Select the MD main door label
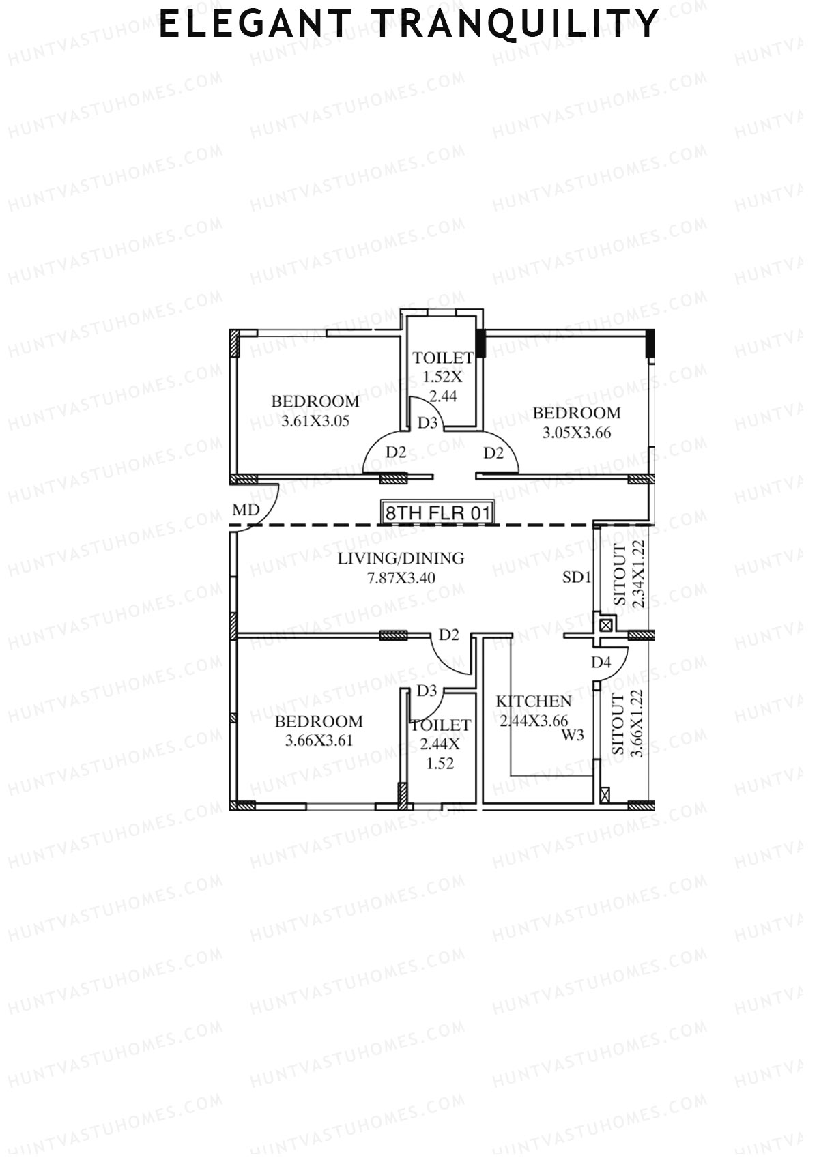pyautogui.click(x=246, y=510)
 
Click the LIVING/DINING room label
pyautogui.click(x=401, y=558)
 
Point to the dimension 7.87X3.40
pyautogui.click(x=401, y=578)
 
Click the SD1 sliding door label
pyautogui.click(x=576, y=577)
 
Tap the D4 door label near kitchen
pyautogui.click(x=601, y=662)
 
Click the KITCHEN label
pyautogui.click(x=534, y=701)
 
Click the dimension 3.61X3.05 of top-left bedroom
pyautogui.click(x=315, y=421)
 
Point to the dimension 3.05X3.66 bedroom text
pyautogui.click(x=577, y=433)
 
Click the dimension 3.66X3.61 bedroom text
pyautogui.click(x=319, y=740)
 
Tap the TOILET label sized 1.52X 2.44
pyautogui.click(x=442, y=358)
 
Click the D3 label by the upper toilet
pyautogui.click(x=428, y=422)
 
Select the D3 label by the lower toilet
pyautogui.click(x=427, y=691)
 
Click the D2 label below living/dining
pyautogui.click(x=448, y=635)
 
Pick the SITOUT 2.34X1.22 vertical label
pyautogui.click(x=629, y=575)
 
